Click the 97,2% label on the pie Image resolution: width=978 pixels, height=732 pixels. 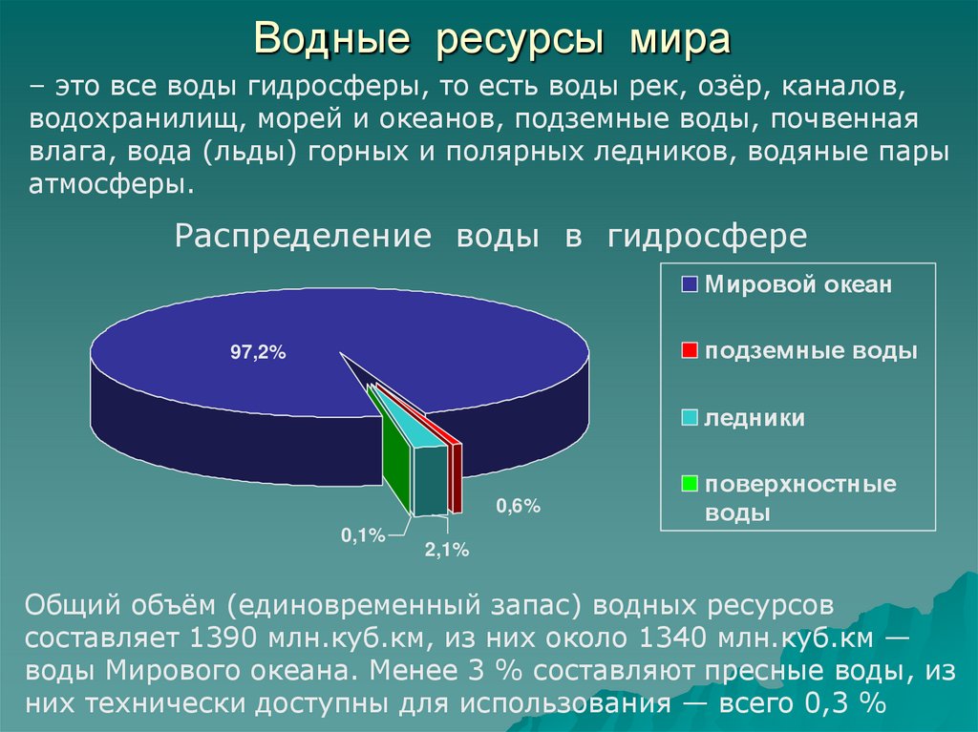point(258,353)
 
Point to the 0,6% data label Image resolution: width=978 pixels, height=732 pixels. point(518,507)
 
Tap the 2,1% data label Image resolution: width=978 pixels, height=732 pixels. point(447,550)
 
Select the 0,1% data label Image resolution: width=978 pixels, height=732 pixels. point(362,536)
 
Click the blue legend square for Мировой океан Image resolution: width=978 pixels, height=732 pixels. point(691,284)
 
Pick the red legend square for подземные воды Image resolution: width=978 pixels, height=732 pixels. point(691,351)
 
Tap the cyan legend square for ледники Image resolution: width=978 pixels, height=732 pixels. point(691,418)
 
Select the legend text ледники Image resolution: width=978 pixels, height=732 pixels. point(755,418)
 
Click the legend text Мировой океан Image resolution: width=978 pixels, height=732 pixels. point(798,284)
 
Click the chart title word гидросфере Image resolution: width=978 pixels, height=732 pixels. point(707,236)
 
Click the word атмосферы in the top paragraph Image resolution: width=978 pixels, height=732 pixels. point(111,183)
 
